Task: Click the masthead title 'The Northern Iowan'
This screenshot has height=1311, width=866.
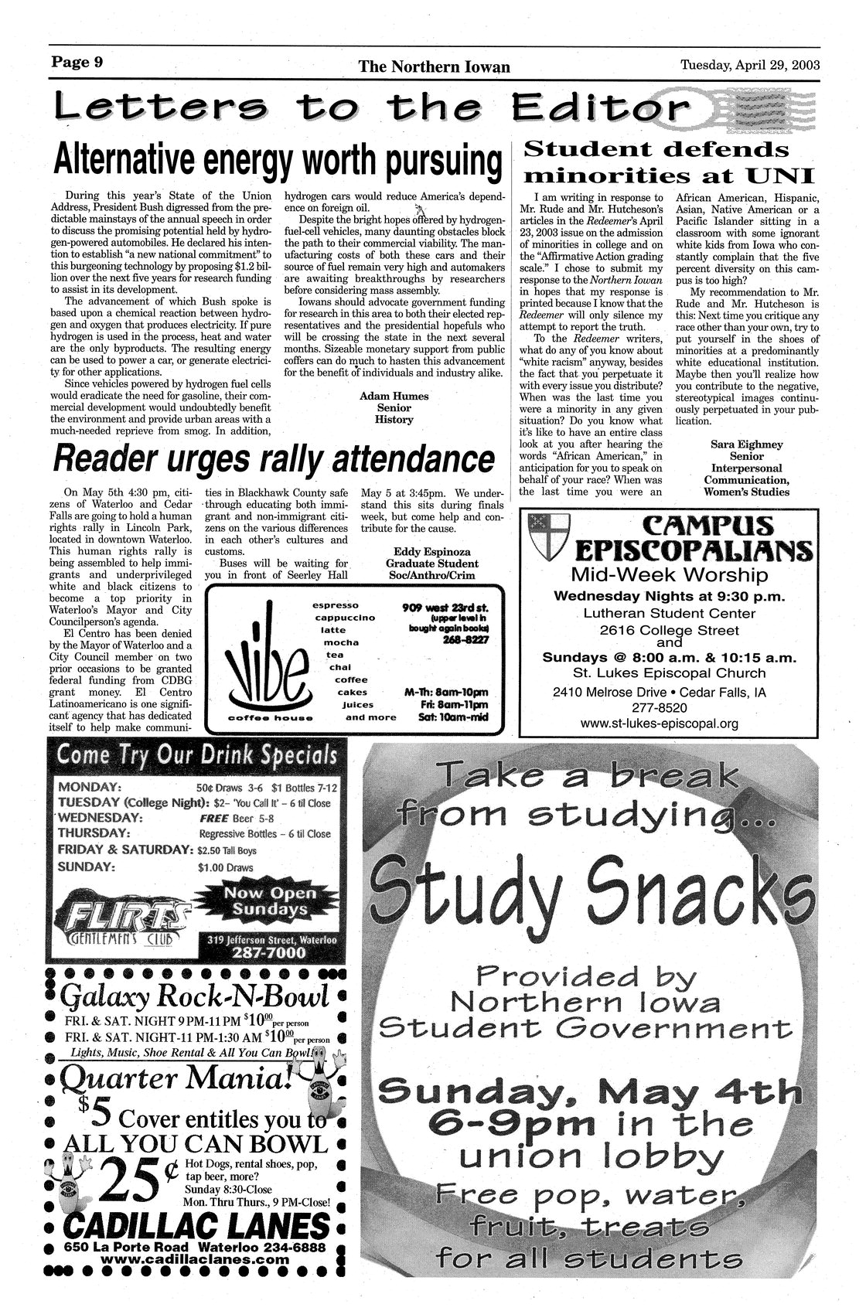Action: click(x=434, y=67)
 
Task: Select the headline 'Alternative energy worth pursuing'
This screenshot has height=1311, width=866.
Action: click(x=274, y=161)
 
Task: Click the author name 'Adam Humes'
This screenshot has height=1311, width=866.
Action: click(x=394, y=396)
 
